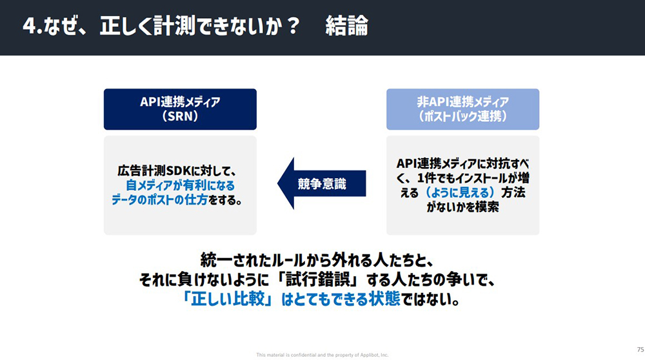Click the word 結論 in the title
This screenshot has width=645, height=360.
tap(346, 26)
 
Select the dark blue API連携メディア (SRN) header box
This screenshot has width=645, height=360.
tap(180, 110)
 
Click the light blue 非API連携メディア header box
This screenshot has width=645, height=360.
tap(462, 110)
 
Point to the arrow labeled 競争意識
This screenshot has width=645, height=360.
tap(322, 183)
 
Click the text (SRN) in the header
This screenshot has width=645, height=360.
tap(180, 116)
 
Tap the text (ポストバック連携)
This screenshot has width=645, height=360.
tap(462, 116)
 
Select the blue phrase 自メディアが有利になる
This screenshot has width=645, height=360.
tap(180, 186)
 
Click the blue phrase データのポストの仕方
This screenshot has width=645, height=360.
tap(159, 200)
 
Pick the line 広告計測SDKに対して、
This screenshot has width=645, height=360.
tap(177, 171)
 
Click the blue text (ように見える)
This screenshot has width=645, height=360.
tap(460, 192)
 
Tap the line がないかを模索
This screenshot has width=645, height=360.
tap(462, 207)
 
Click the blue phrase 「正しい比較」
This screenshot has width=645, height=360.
tap(228, 299)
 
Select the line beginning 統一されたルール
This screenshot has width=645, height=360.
tap(317, 261)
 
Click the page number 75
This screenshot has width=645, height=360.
tap(640, 349)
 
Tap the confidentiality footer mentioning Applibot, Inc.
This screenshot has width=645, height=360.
tap(322, 355)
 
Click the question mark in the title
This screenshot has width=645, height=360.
tap(293, 26)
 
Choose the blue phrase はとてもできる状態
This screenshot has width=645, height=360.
tap(341, 299)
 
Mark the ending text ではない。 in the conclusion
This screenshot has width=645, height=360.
tap(430, 299)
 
